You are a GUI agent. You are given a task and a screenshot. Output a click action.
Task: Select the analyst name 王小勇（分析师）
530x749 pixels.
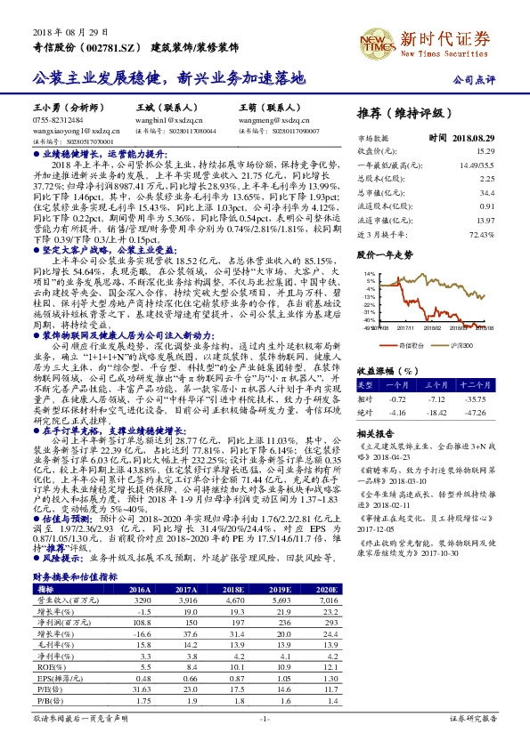69,106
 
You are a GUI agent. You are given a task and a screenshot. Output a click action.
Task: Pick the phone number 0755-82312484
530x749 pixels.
58,118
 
